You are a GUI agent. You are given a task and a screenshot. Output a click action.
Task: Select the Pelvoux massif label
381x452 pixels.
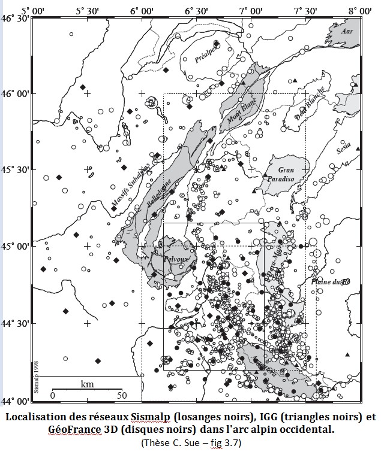[x=176, y=259]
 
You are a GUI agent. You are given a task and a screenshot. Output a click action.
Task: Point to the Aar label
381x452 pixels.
[x=345, y=30]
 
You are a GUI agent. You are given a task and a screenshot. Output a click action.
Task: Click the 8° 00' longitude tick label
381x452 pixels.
[x=360, y=11]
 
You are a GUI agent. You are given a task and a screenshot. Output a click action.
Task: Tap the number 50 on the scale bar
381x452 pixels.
[x=122, y=396]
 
